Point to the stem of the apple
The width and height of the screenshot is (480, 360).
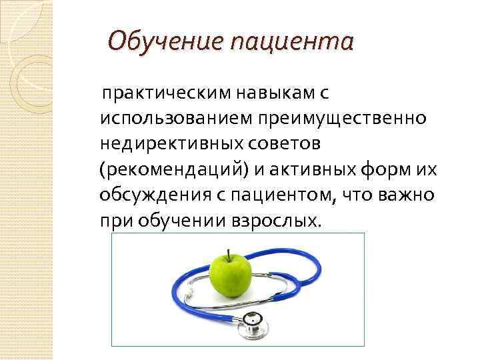(x=229, y=254)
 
